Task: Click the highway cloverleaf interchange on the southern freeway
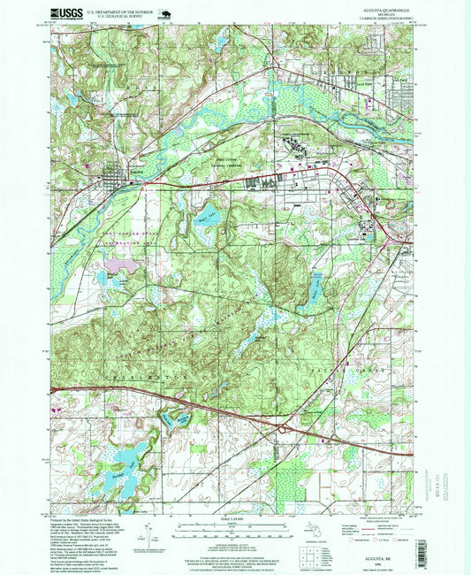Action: [281, 428]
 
